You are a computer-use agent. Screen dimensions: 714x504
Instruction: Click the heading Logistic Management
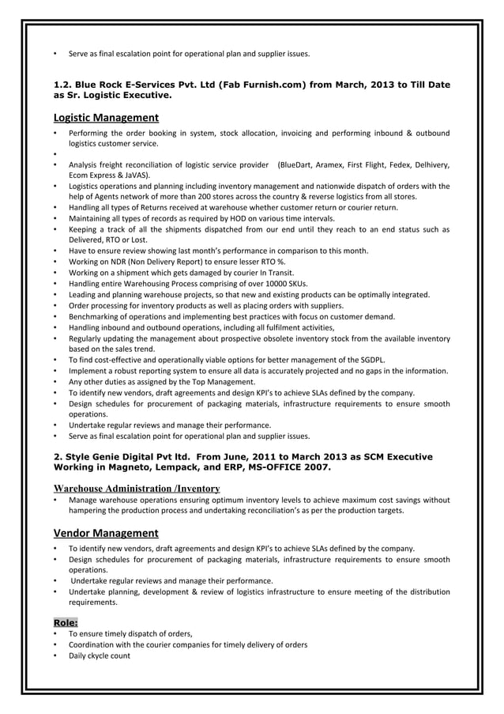coord(106,119)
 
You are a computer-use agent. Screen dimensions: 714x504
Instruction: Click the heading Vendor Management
coord(106,533)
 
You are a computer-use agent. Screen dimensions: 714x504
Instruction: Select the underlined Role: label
coord(65,622)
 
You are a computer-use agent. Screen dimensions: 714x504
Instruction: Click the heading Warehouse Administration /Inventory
coord(136,489)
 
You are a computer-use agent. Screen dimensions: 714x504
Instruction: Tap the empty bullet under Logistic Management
coord(55,154)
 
